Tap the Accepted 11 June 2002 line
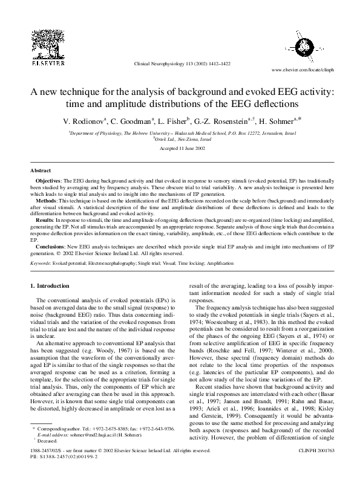[x=180, y=148]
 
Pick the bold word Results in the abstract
[x=47, y=218]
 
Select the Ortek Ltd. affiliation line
[x=179, y=139]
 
